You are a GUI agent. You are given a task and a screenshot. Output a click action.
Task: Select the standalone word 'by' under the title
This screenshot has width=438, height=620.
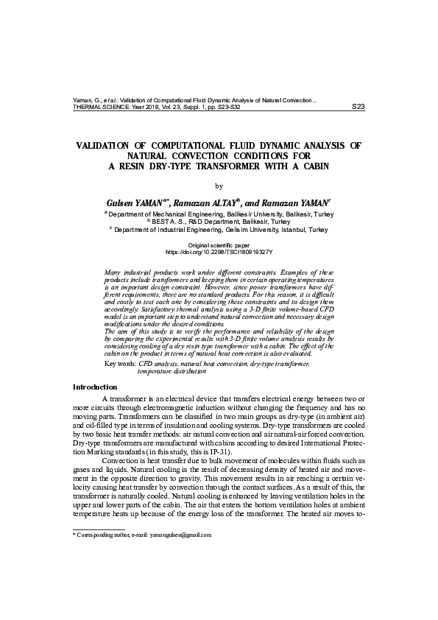[x=218, y=186]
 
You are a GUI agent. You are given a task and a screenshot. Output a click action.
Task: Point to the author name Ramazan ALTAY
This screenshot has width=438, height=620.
[x=213, y=201]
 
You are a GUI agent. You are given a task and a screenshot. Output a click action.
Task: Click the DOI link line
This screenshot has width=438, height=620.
[x=219, y=250]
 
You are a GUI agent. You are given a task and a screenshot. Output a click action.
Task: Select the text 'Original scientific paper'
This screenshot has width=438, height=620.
[x=219, y=244]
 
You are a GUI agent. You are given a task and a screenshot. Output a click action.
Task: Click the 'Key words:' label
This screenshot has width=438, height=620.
[x=121, y=364]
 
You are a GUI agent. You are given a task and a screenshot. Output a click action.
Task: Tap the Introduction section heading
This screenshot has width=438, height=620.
[x=95, y=387]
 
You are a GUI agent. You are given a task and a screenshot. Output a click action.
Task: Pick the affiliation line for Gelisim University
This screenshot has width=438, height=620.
[x=219, y=229]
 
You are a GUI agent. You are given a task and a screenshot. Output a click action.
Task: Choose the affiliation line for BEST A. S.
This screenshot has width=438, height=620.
[x=219, y=221]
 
